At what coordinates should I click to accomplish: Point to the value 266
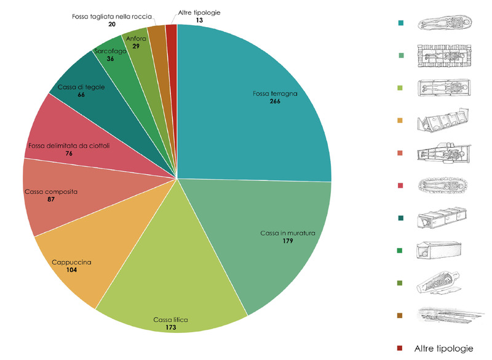tap(275, 102)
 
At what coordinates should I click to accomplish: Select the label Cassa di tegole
tap(81, 87)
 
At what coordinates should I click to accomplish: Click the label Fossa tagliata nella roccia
tap(111, 16)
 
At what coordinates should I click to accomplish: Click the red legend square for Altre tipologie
tap(400, 348)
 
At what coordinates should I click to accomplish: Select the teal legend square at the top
tap(400, 23)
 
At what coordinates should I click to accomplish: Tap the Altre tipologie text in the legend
tap(444, 348)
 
